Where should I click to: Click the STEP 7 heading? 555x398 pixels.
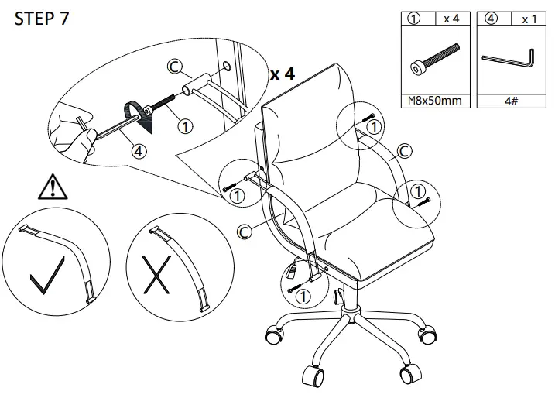[42, 19]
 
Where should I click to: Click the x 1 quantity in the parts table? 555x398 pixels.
[528, 19]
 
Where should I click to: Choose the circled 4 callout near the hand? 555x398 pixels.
[138, 152]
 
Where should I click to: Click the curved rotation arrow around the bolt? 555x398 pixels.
[141, 116]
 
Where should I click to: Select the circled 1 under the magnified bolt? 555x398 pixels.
[184, 123]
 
